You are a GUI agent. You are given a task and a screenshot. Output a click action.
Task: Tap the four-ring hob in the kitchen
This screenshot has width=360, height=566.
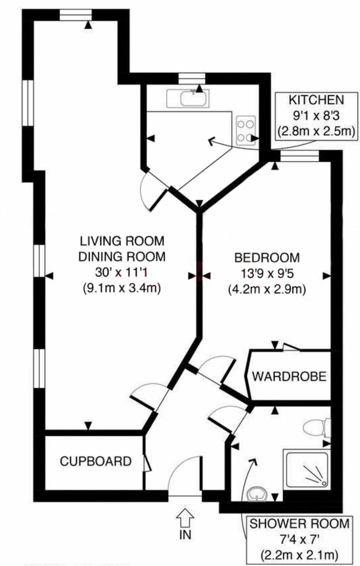click(245, 131)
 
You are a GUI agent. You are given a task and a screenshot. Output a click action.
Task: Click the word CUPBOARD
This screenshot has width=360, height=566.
click(96, 461)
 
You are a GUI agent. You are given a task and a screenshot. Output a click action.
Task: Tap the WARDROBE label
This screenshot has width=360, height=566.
click(289, 376)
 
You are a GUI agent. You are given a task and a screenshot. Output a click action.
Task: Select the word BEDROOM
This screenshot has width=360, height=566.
click(267, 258)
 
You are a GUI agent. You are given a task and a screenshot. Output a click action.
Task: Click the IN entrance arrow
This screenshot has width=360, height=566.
click(185, 518)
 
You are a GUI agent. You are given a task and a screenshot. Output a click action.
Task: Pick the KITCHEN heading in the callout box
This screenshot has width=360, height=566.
click(316, 100)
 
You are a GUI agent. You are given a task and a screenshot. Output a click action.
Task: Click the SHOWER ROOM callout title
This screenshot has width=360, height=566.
click(300, 523)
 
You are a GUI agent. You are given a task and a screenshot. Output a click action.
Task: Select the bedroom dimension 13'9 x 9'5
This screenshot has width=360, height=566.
click(267, 274)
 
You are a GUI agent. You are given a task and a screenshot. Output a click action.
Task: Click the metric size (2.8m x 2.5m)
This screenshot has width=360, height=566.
click(316, 131)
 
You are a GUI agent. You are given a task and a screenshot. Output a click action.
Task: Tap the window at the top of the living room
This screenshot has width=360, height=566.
click(76, 15)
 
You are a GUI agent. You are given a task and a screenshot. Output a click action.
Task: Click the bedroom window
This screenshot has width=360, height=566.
click(300, 156)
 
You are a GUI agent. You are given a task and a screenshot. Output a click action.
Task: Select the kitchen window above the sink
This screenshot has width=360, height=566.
click(192, 78)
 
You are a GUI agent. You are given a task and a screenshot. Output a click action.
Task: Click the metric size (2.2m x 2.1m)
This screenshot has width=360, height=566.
click(300, 554)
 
